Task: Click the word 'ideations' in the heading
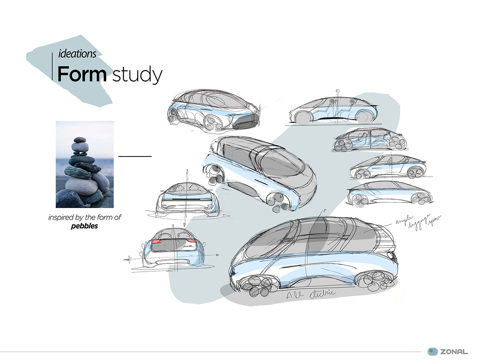(x=77, y=54)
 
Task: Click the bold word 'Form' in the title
(x=82, y=74)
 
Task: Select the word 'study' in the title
(x=137, y=75)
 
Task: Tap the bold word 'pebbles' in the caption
(x=84, y=226)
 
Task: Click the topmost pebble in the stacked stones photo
(x=80, y=140)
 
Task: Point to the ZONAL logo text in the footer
(x=454, y=351)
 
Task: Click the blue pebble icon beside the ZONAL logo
(x=433, y=351)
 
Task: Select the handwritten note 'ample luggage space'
(x=418, y=222)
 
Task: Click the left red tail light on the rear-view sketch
(x=157, y=242)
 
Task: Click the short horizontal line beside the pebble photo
(x=135, y=156)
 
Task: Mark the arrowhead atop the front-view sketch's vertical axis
(x=188, y=170)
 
